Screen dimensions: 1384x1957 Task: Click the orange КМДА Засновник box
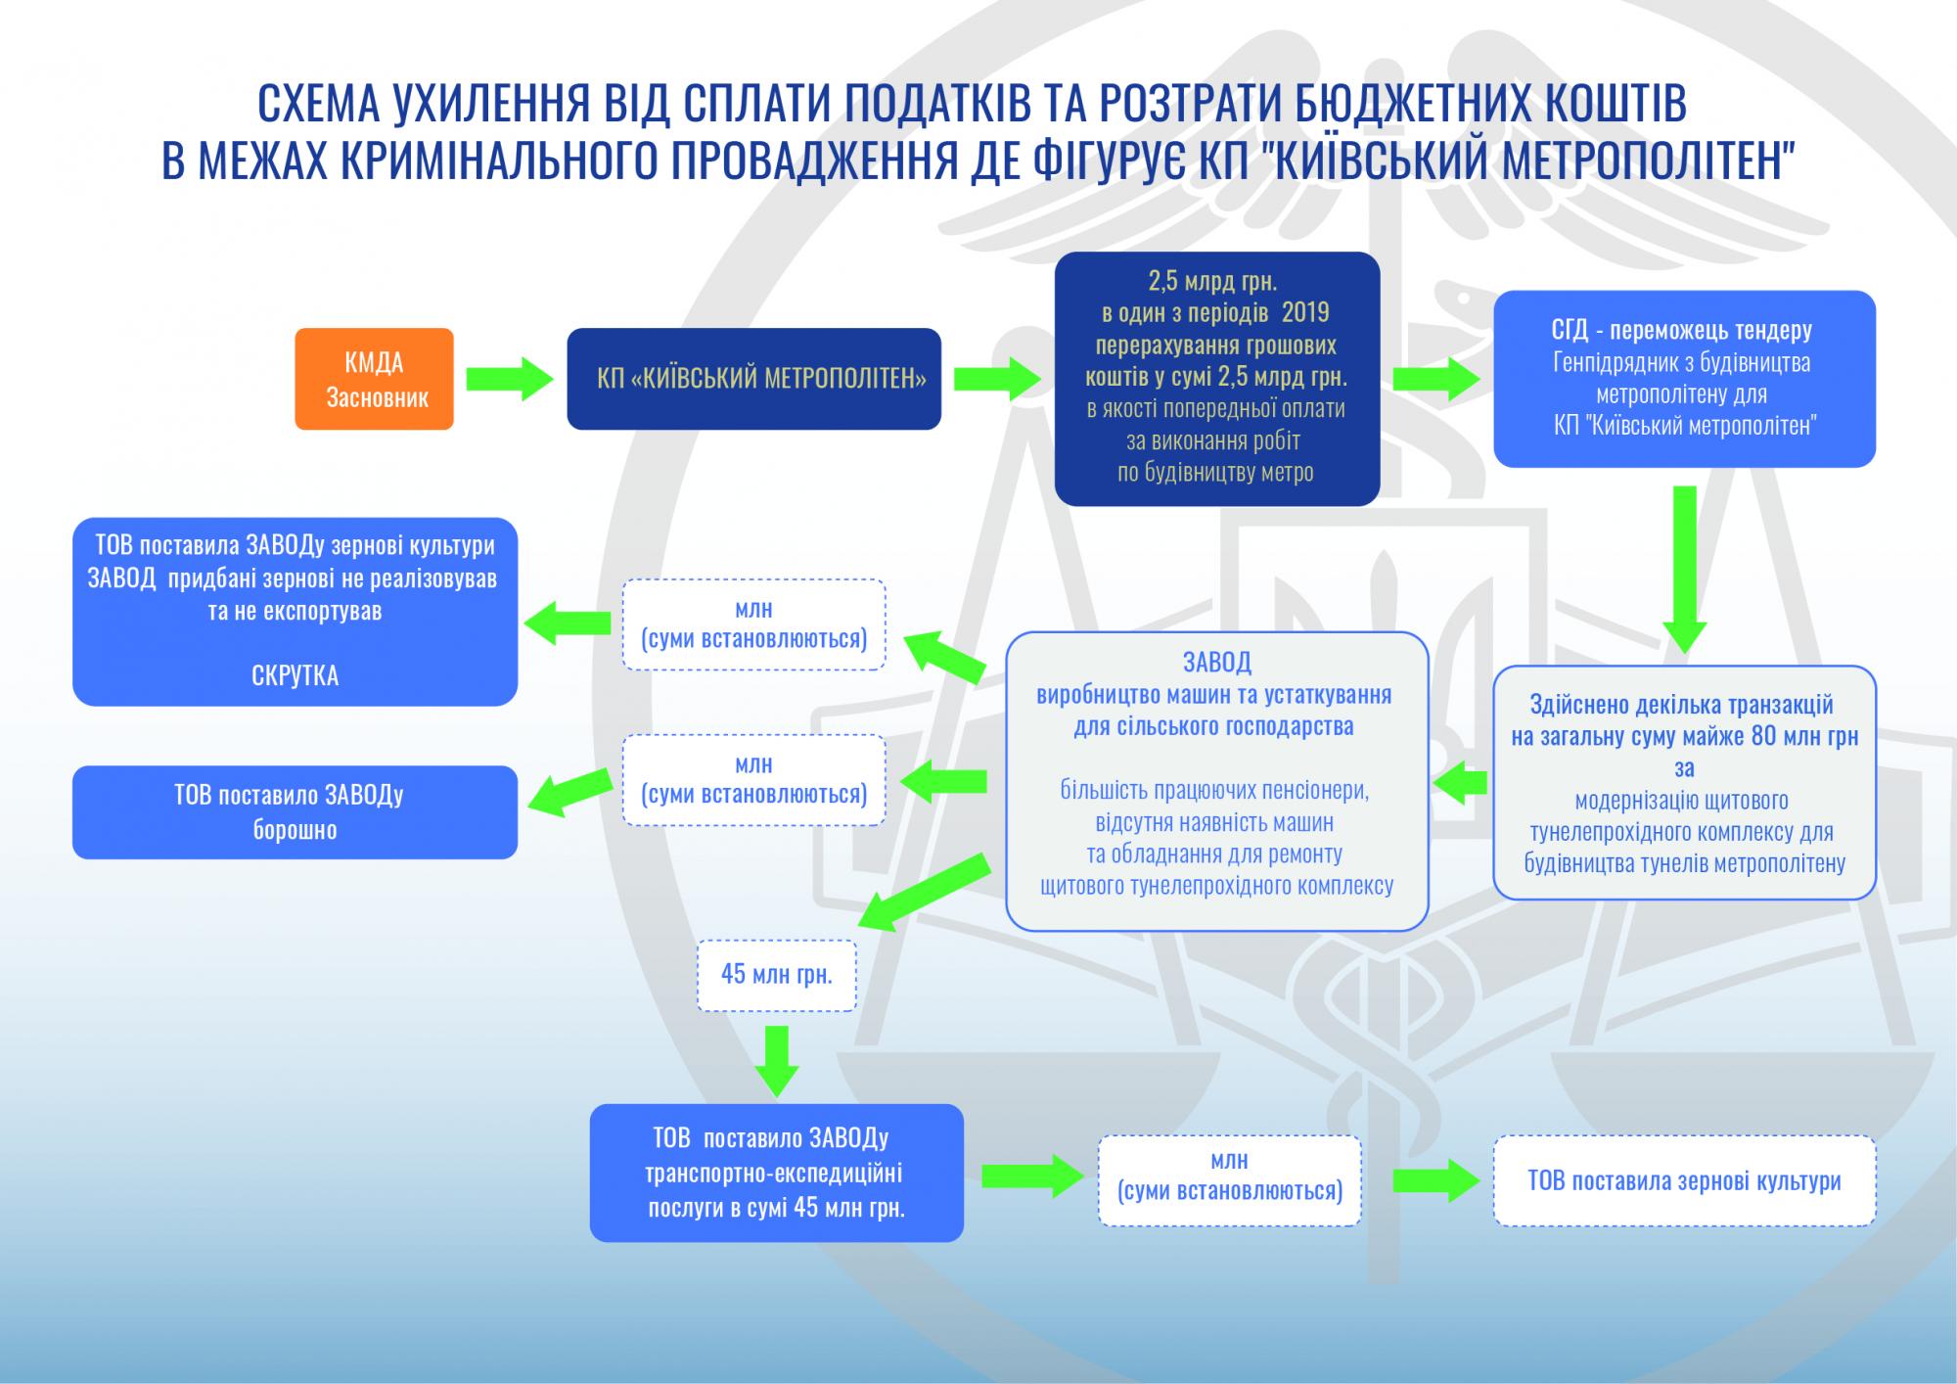(x=374, y=379)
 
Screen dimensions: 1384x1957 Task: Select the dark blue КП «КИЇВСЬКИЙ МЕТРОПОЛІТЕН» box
(x=753, y=379)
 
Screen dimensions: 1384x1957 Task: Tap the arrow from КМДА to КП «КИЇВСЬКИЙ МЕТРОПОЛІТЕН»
(x=509, y=379)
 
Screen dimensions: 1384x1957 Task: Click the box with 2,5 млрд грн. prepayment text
(x=1216, y=379)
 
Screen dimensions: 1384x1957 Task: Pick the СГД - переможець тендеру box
(x=1683, y=379)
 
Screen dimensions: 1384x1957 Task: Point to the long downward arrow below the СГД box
(x=1683, y=568)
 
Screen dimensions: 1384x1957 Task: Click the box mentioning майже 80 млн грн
(x=1683, y=783)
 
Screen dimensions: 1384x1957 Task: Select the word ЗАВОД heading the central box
(x=1216, y=663)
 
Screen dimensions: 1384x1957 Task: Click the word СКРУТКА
(x=295, y=675)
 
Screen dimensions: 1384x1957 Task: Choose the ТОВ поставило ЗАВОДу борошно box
(x=295, y=812)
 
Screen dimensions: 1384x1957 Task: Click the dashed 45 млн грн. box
(x=776, y=975)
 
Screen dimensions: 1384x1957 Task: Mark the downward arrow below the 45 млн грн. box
(x=778, y=1060)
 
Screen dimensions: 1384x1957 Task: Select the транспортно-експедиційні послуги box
(x=776, y=1173)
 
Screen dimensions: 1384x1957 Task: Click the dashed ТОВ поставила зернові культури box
(x=1683, y=1180)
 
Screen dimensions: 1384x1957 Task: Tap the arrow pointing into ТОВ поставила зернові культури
(x=1435, y=1179)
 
